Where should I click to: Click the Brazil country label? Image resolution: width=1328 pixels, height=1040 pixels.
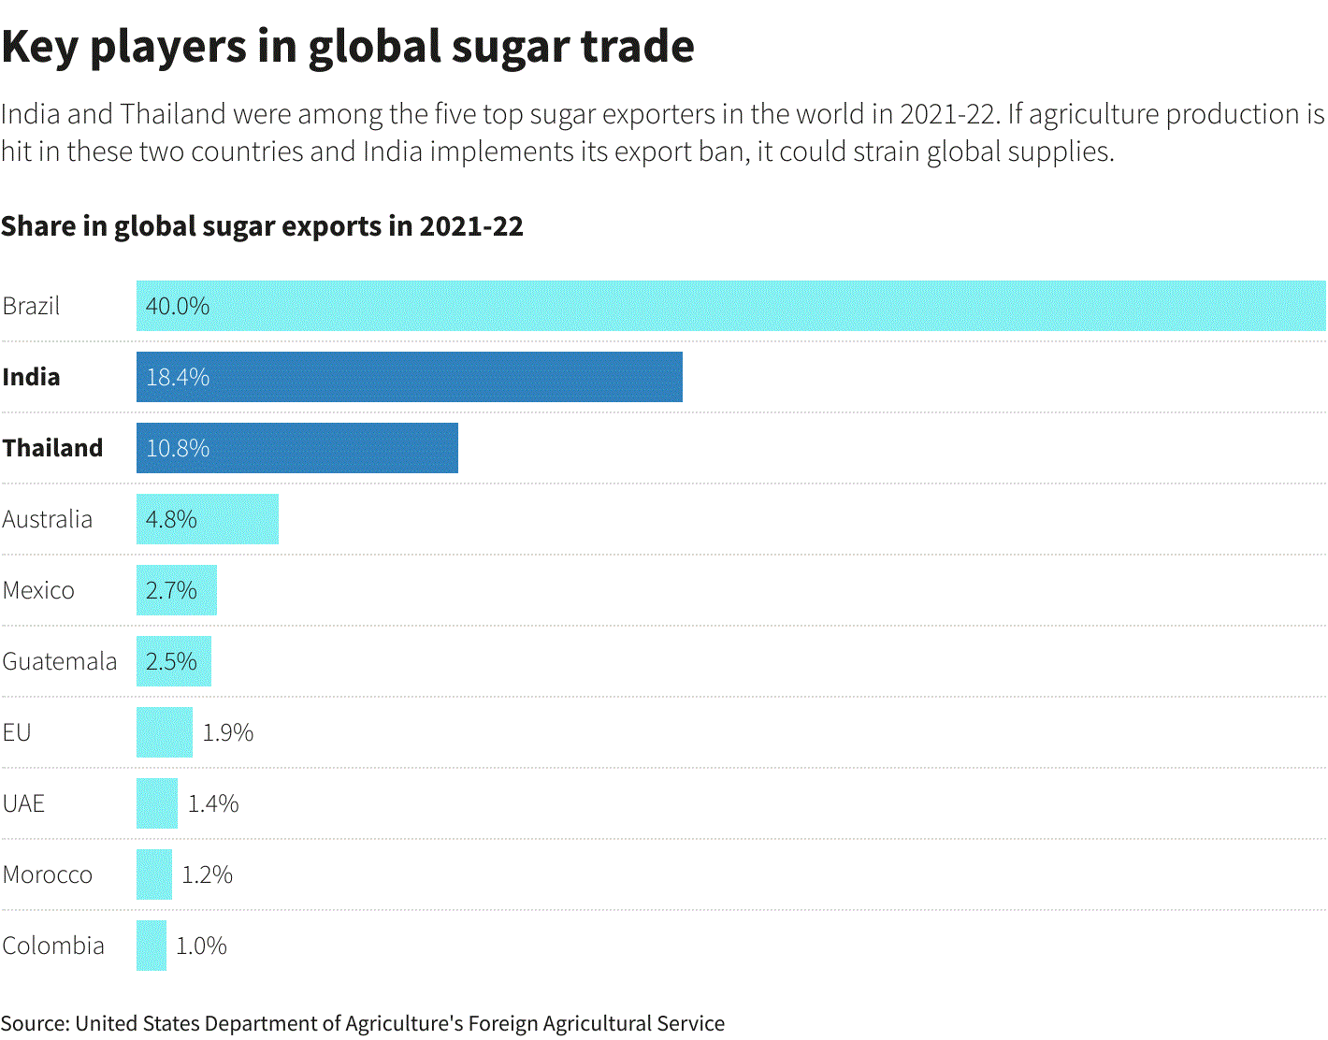point(31,306)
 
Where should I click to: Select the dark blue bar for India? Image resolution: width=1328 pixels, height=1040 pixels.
point(409,377)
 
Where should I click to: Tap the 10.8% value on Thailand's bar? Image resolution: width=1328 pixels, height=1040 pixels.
point(178,448)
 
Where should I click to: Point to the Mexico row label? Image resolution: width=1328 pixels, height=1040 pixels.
point(38,590)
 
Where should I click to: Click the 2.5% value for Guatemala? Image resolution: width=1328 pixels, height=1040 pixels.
point(171,661)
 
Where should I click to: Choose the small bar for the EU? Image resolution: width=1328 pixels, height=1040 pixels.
point(164,732)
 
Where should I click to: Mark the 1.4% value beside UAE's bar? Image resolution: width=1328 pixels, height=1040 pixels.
point(213,803)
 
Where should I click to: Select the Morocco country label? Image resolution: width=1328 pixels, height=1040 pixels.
point(48,874)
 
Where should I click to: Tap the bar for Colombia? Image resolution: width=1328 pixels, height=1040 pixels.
point(151,946)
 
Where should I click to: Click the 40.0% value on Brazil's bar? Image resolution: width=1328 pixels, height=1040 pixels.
point(178,306)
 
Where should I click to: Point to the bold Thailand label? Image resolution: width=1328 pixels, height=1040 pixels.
point(52,448)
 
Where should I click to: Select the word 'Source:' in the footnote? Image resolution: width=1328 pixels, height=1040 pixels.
point(35,1023)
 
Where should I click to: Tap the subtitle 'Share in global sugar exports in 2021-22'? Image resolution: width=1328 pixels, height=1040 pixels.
point(262,226)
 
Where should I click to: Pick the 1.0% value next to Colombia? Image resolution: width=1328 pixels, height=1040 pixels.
point(201,946)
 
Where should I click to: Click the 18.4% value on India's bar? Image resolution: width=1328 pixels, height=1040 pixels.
point(178,377)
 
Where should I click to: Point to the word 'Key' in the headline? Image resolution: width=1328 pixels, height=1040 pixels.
point(39,47)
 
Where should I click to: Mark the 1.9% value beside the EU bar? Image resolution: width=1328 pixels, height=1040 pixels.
point(228,732)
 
